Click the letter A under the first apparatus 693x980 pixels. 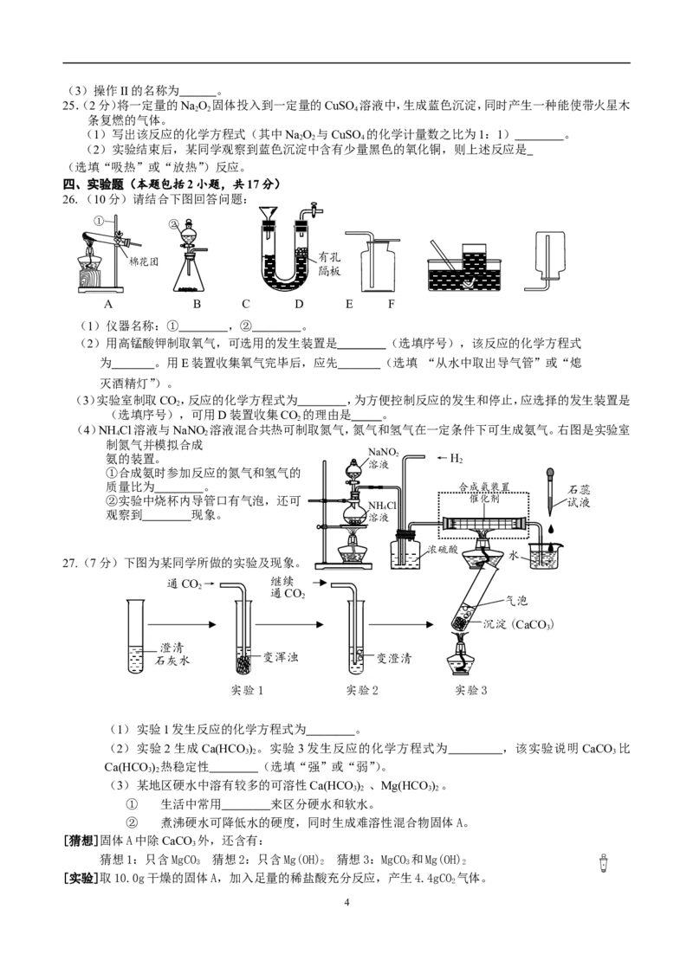point(108,305)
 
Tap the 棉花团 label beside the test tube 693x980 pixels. point(143,261)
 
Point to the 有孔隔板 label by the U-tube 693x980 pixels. point(329,264)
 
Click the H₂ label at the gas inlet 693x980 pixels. point(456,459)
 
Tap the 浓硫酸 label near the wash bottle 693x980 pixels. point(442,549)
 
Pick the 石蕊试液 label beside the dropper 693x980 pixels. point(579,495)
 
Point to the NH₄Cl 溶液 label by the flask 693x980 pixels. point(381,512)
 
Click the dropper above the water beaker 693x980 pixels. point(550,493)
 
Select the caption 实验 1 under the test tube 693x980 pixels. point(247,690)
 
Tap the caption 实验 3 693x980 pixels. point(471,690)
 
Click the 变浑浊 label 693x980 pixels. point(280,657)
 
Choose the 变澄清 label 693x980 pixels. point(394,658)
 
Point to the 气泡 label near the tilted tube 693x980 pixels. point(516,601)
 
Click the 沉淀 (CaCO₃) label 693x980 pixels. point(519,623)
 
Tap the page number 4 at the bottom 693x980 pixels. point(346,902)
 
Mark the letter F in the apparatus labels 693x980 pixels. point(392,305)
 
